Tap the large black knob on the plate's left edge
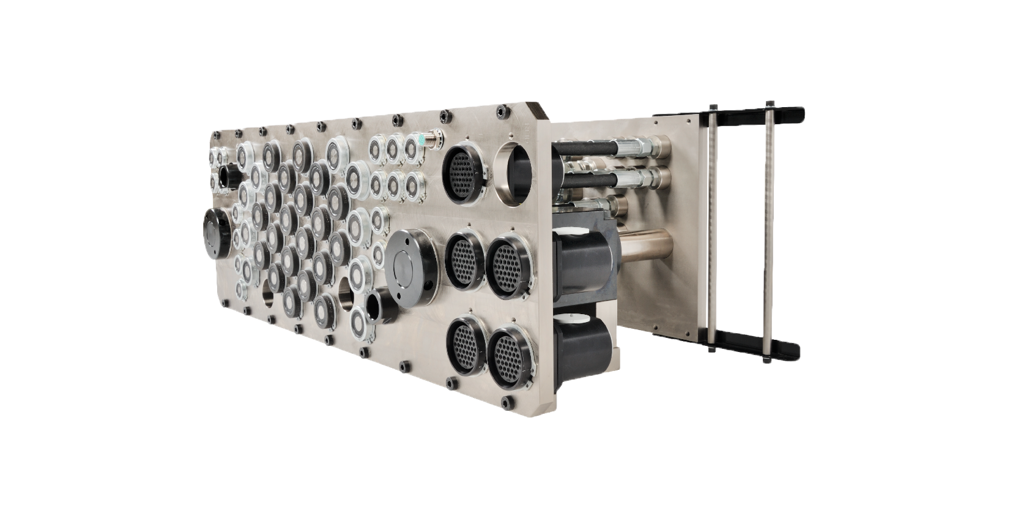216,233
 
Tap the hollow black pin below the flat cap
380,307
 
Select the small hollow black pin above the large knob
229,177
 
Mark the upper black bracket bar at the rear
728,114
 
